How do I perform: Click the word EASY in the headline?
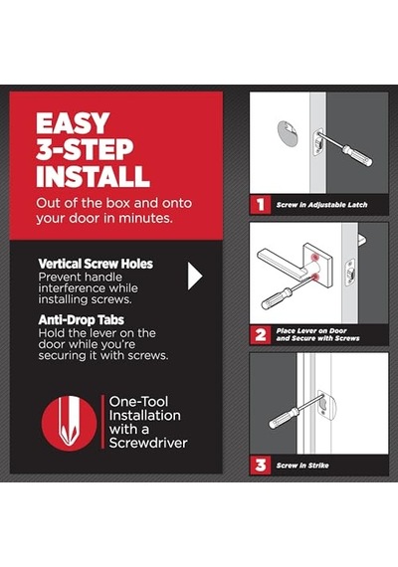73,123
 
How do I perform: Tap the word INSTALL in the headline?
93,176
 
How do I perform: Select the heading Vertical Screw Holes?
96,264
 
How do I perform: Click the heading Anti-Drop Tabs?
81,319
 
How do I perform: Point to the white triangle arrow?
194,276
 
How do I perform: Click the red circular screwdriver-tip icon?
69,423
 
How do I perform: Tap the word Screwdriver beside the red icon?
148,443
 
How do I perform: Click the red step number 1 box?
260,205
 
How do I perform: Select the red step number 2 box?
260,335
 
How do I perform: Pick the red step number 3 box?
260,465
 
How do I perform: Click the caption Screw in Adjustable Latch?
321,205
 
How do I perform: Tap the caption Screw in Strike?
302,466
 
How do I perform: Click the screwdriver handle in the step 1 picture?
358,155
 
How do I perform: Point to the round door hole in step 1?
288,133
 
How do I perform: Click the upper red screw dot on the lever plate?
314,257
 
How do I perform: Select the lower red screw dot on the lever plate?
316,278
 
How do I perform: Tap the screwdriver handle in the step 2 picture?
277,298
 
